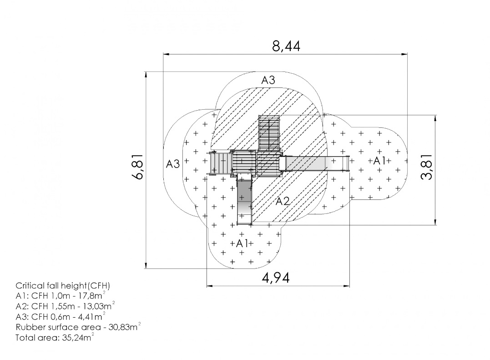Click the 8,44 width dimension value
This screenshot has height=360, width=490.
286,46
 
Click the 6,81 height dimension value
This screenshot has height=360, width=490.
137,166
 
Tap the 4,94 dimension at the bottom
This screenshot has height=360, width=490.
276,278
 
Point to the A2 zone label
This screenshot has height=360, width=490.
283,201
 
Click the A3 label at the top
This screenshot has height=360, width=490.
268,80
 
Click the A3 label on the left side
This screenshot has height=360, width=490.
173,164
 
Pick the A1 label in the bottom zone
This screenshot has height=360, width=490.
242,243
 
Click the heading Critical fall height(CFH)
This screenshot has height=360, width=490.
63,286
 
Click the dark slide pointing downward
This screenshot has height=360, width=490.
245,199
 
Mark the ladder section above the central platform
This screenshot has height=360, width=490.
269,133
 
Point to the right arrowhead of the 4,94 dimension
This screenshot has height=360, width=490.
347,286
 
